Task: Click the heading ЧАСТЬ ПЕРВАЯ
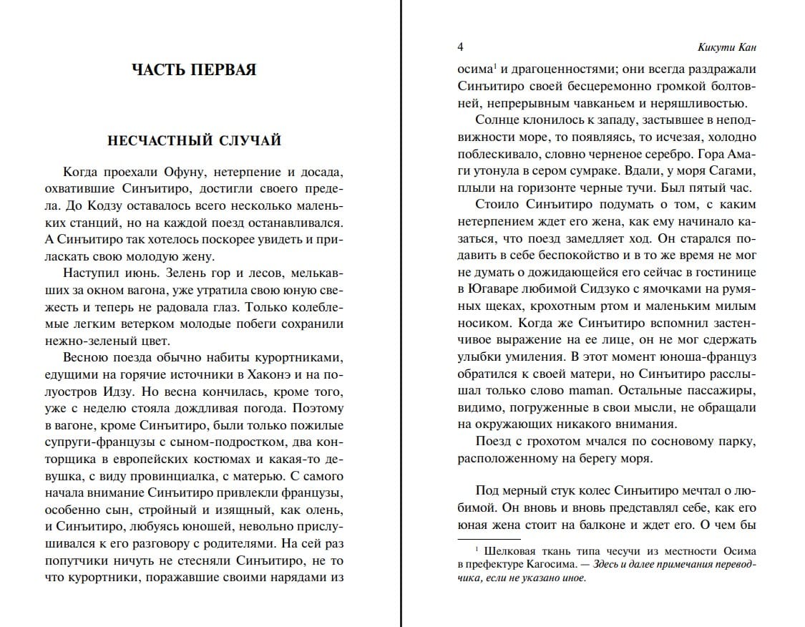click(194, 69)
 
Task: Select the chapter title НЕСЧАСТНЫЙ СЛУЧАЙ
click(194, 140)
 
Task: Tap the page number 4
click(461, 47)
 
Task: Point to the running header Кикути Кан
click(727, 48)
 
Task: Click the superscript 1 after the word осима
click(494, 67)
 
